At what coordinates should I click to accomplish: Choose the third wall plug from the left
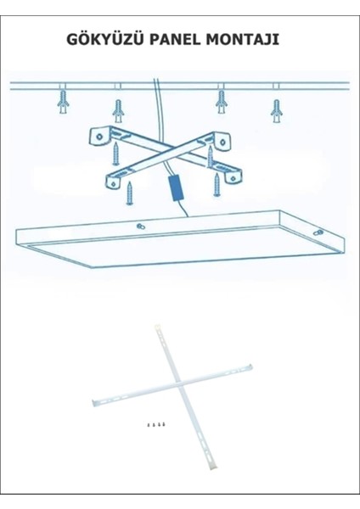point(221,101)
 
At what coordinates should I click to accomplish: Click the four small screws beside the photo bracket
point(155,422)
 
